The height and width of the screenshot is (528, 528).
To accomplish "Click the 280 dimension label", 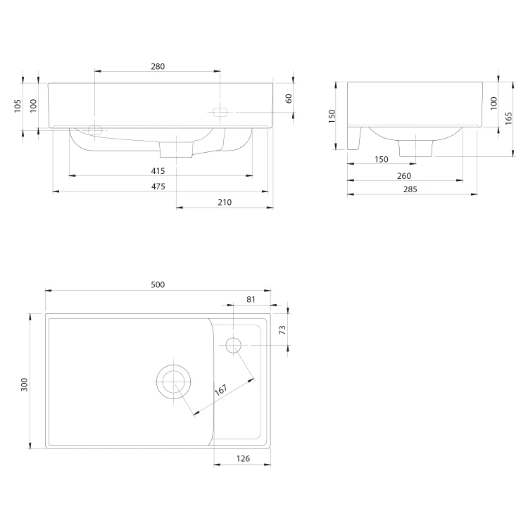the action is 158,66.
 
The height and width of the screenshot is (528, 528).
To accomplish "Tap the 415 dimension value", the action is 158,171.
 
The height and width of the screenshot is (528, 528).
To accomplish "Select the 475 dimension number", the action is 158,187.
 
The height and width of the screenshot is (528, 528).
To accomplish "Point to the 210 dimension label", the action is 225,202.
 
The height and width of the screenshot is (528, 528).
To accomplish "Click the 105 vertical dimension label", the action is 18,106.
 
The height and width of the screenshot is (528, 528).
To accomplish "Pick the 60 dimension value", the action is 289,99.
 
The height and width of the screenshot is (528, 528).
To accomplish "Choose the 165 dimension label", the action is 508,118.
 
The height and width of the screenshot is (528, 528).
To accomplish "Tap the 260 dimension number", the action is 404,176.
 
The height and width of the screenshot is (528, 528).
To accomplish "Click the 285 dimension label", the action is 410,189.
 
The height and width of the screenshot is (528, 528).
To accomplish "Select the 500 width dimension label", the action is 158,284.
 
